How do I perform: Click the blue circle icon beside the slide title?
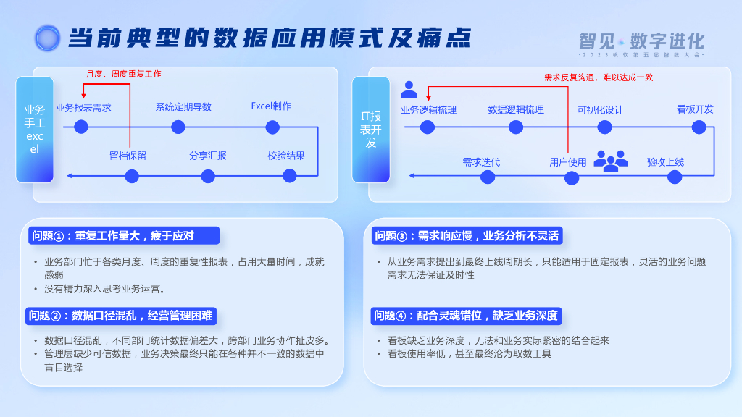tap(47, 38)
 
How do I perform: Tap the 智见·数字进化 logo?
tap(641, 42)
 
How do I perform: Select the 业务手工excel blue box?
tap(35, 130)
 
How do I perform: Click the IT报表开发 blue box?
tap(371, 130)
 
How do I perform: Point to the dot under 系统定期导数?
tap(178, 127)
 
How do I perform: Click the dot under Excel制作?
tap(272, 127)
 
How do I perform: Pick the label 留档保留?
tap(128, 156)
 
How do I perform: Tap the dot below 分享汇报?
tap(208, 176)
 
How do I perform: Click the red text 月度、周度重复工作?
tap(124, 74)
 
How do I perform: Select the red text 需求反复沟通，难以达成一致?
tap(599, 77)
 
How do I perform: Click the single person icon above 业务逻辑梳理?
tap(409, 90)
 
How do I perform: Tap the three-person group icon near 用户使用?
tap(610, 161)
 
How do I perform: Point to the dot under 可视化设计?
tap(605, 127)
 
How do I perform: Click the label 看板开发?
tap(695, 109)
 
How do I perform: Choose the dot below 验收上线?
tap(675, 177)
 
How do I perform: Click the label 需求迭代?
tap(481, 162)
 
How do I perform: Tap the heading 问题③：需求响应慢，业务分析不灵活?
tap(467, 235)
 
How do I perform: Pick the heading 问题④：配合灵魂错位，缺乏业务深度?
tap(466, 316)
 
